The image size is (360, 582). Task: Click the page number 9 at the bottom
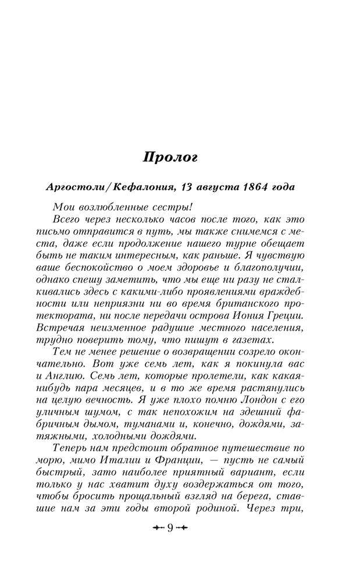(170, 528)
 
